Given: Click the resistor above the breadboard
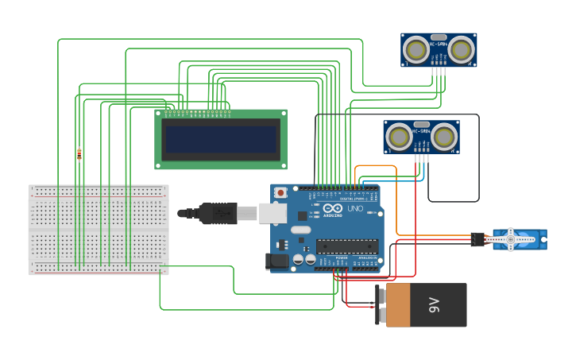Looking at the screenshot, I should pos(79,154).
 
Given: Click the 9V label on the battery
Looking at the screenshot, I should pos(434,304).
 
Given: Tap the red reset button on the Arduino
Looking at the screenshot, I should pos(280,193).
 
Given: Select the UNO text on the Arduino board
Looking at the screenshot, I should pos(355,208).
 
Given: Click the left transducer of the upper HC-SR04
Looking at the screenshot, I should pos(415,50).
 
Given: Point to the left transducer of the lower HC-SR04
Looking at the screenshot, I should pos(398,137).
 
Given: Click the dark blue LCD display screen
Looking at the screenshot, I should pos(220,139).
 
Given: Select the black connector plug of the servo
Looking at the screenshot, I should pos(477,238).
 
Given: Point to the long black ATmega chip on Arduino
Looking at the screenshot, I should pos(346,246).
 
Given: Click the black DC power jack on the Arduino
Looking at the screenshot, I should pos(277,260).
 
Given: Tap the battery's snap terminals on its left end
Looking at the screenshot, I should pos(379,304).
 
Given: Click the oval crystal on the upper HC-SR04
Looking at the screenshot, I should pos(438,37).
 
